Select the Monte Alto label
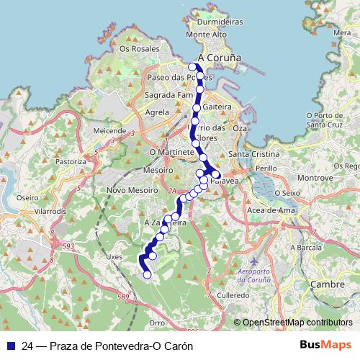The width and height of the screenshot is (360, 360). click(x=206, y=34)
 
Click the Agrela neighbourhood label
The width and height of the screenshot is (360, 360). click(x=157, y=112)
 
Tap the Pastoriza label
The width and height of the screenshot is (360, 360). click(x=71, y=162)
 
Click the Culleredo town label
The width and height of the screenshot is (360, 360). click(x=234, y=295)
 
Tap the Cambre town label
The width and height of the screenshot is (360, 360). click(x=324, y=284)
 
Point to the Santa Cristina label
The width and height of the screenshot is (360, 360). click(x=249, y=154)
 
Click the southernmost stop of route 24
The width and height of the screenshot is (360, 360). click(x=148, y=274)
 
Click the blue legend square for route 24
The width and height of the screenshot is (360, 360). click(x=11, y=345)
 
